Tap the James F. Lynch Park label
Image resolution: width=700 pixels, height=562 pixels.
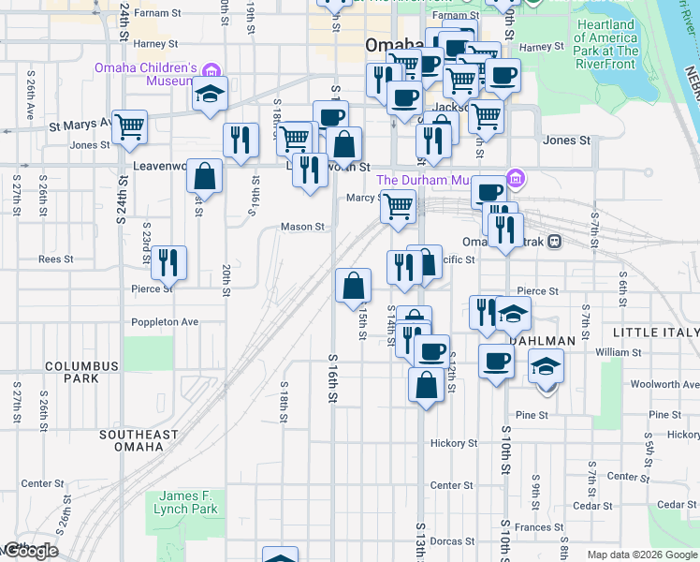click(x=188, y=502)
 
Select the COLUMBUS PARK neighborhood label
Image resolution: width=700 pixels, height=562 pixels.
click(x=82, y=372)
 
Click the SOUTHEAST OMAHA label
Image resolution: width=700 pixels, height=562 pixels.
click(x=138, y=440)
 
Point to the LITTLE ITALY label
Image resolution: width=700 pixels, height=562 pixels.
click(x=655, y=333)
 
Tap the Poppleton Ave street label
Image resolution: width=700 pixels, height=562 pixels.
click(x=165, y=321)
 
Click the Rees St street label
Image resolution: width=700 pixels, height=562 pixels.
click(x=50, y=259)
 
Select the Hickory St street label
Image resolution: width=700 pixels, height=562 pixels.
click(x=453, y=443)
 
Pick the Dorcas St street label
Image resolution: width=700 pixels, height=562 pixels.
click(x=453, y=541)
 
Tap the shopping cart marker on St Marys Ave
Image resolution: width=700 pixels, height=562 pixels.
click(x=129, y=126)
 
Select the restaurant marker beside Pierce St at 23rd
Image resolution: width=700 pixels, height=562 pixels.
click(x=168, y=261)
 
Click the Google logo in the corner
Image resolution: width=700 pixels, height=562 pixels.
click(x=30, y=551)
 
